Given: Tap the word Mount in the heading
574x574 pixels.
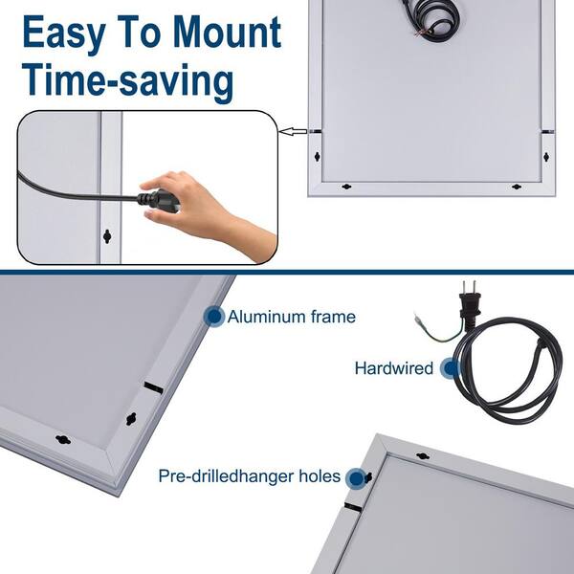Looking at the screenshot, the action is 227,32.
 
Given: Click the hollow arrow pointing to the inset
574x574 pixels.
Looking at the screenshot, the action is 293,131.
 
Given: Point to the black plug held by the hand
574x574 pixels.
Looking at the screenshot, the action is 158,201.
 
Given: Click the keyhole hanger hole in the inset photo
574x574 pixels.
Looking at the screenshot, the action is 107,236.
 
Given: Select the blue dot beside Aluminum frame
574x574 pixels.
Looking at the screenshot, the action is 214,317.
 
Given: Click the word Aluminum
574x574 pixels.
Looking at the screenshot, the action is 267,317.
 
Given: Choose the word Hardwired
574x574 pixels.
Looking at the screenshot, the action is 394,368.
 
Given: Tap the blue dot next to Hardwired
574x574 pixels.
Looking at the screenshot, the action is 451,368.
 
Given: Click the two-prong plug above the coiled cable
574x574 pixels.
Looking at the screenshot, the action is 470,300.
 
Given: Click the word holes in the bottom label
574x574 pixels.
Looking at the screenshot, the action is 320,476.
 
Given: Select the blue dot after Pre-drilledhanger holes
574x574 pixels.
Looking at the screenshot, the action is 357,478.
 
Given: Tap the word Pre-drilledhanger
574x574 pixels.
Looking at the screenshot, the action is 227,477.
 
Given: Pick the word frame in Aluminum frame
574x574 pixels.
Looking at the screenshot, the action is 333,317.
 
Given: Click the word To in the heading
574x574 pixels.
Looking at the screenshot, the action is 140,33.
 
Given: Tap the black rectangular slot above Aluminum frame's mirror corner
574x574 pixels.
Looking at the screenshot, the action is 153,387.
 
